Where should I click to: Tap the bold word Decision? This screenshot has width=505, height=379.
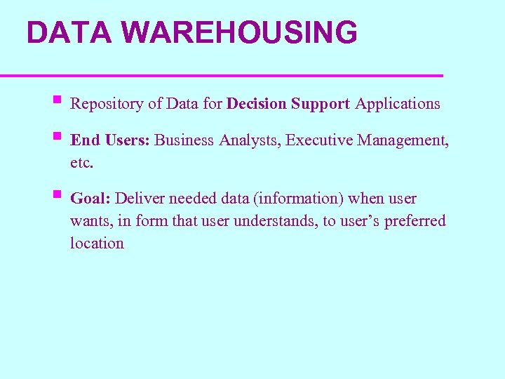256,104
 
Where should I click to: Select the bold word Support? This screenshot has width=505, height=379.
320,104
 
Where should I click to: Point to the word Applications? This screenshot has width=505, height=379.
398,104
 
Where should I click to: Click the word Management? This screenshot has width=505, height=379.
403,140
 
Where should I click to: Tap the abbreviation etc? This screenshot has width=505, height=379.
81,163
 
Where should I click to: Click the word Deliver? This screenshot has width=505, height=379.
140,199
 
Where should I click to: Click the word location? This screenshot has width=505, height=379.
97,244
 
